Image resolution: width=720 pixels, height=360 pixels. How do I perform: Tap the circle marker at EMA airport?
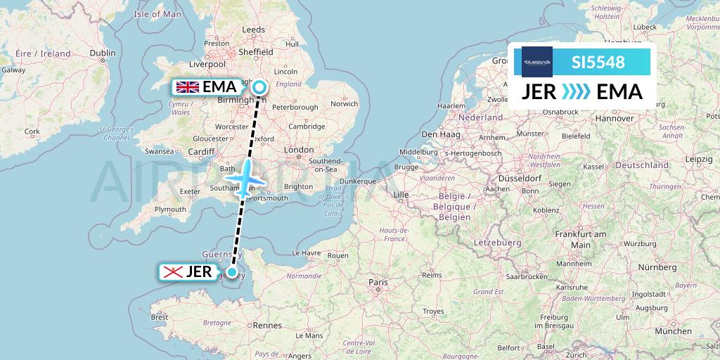tap(259, 87)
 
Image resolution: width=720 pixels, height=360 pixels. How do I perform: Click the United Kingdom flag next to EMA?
tap(187, 87)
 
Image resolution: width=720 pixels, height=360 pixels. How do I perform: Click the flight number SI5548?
tap(598, 62)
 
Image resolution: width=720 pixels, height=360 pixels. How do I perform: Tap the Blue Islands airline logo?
tap(536, 62)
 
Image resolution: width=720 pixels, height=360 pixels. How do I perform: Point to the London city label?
tap(299, 150)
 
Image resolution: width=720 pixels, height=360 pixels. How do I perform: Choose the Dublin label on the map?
tap(103, 52)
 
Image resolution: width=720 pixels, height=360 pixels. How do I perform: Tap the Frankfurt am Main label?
tap(581, 238)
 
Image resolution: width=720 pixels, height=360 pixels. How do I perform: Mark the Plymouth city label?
tap(172, 210)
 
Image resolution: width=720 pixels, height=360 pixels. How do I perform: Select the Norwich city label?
tap(344, 103)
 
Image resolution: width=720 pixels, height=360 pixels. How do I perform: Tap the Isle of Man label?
tap(157, 13)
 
